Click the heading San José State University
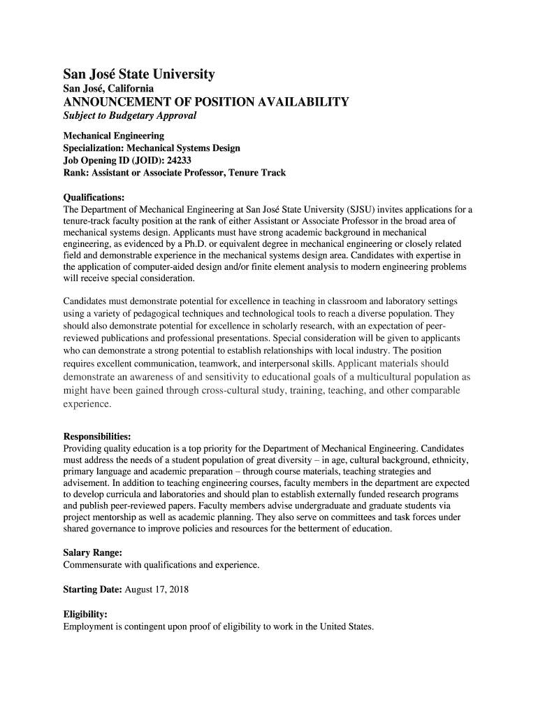click(x=139, y=74)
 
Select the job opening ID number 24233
click(x=175, y=161)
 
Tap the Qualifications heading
click(x=94, y=198)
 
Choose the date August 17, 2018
click(x=157, y=589)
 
